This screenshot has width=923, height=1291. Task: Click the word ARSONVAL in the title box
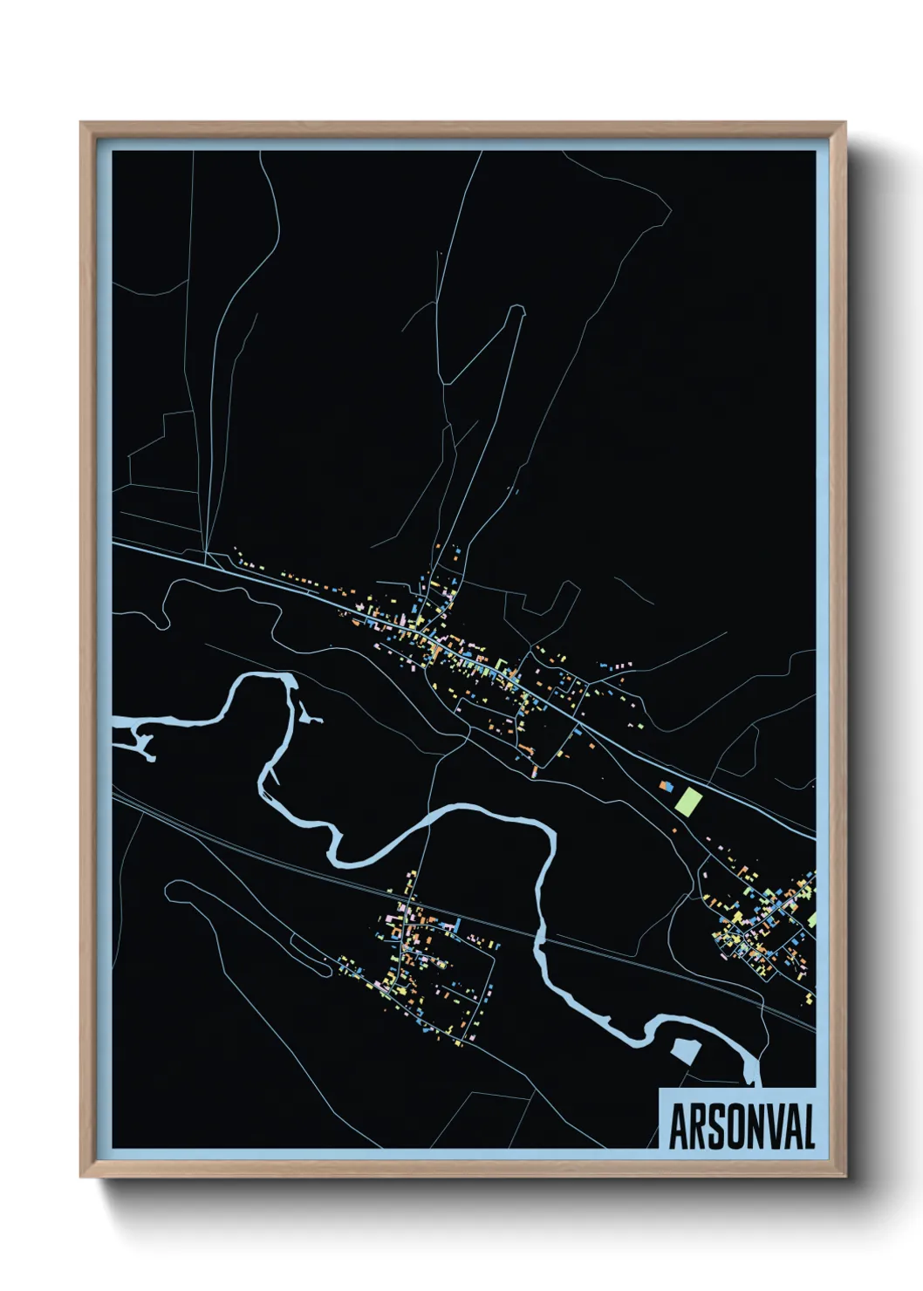[742, 1126]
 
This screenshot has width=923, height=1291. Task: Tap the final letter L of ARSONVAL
[808, 1126]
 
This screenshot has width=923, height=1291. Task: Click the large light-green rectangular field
[688, 802]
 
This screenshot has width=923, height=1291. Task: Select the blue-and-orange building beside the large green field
[667, 787]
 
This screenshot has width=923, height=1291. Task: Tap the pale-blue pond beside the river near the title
[684, 1050]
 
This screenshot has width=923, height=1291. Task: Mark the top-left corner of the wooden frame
[81, 123]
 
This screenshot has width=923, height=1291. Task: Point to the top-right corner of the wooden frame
[844, 123]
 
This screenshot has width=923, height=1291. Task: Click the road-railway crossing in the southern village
[410, 898]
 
